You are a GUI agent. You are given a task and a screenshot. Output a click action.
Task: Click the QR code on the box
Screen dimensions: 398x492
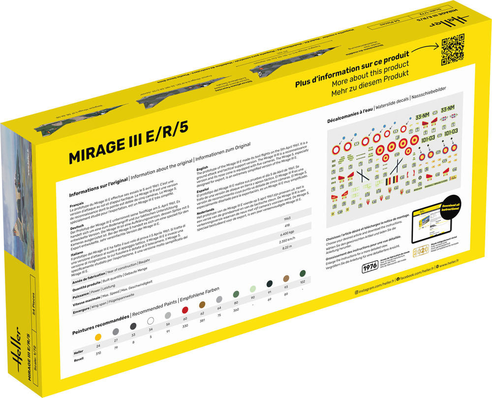[452, 50]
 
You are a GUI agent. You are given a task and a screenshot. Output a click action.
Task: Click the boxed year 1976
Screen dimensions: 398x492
[369, 268]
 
